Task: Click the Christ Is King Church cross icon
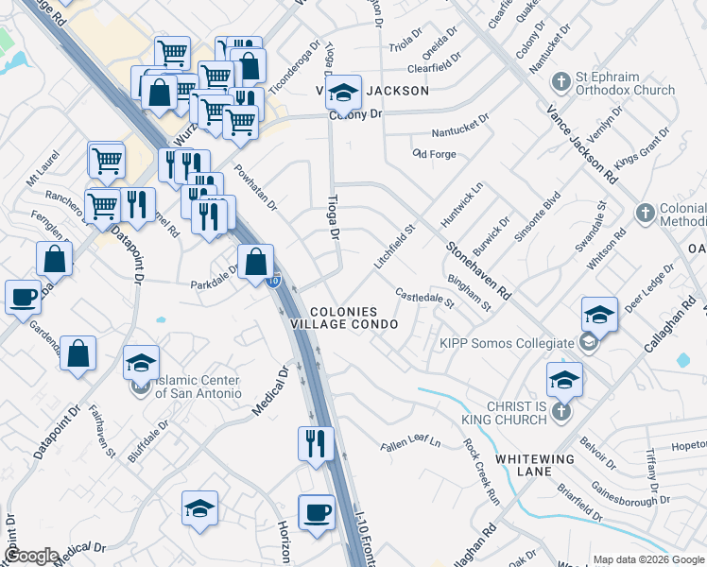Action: click(561, 411)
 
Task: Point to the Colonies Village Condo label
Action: click(354, 318)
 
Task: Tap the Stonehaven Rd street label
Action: click(479, 269)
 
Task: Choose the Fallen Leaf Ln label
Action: click(411, 442)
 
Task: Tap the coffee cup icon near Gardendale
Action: click(23, 297)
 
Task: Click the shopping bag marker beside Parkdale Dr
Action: click(255, 263)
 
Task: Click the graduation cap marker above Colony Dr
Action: click(344, 93)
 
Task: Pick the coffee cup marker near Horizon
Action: click(317, 512)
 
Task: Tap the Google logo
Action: click(30, 556)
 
